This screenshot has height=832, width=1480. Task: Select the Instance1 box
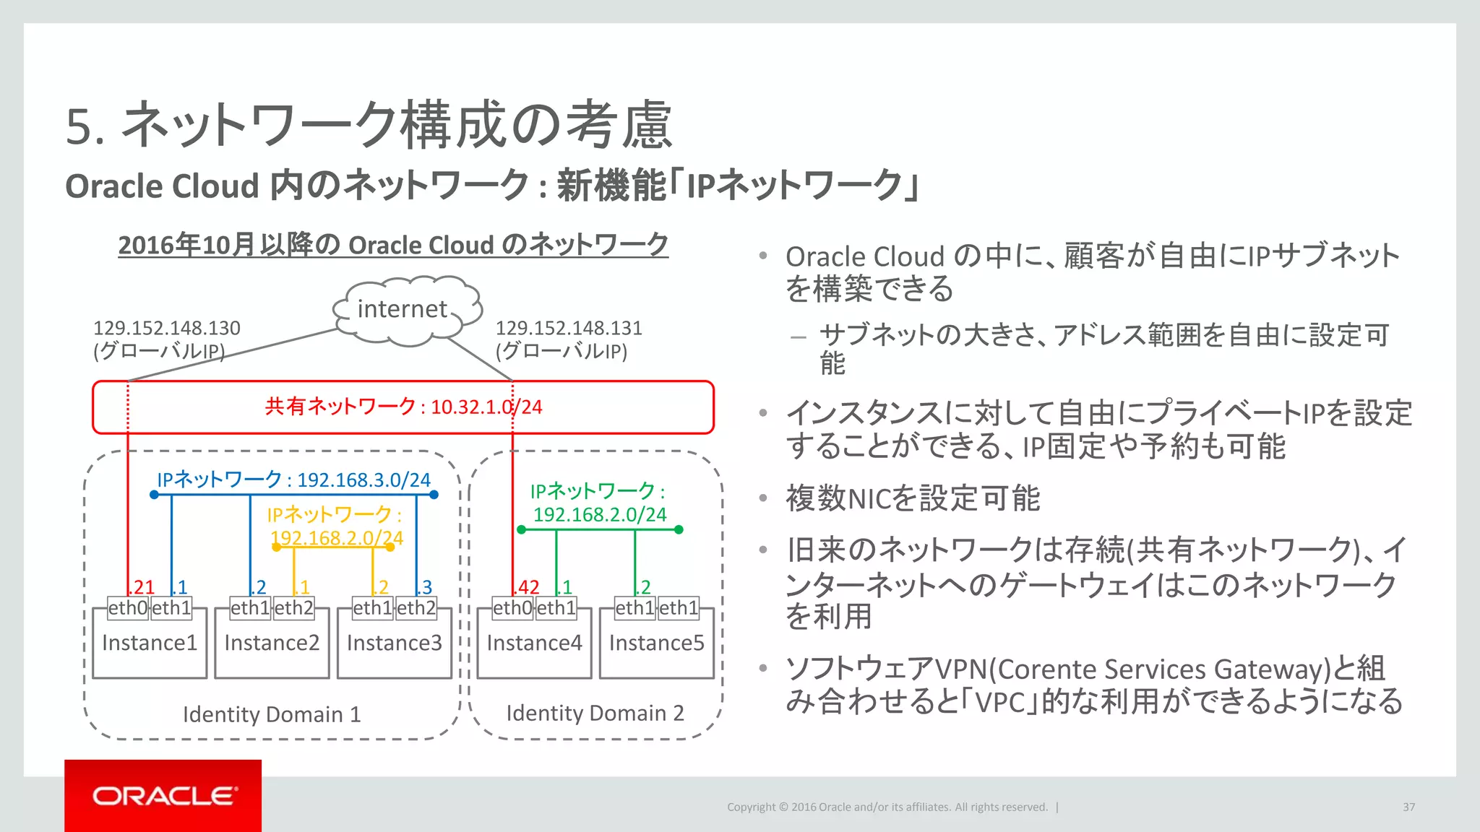150,643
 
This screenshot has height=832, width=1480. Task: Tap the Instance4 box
534,643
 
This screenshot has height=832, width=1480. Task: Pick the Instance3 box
394,643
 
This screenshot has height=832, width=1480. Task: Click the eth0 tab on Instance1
128,608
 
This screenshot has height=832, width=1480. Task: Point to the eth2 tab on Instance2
293,608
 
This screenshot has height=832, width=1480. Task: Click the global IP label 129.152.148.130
166,329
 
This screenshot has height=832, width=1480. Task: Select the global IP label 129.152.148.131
569,329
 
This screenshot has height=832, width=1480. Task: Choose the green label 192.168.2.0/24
599,515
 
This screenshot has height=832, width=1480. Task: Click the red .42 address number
528,587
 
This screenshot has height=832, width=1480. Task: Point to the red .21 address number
142,587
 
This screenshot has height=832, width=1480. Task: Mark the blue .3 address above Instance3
426,587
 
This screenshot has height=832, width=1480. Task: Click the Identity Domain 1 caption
271,714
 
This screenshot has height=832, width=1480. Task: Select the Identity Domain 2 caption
595,714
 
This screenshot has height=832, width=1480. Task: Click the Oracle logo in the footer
163,796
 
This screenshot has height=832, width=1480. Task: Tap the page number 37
1408,807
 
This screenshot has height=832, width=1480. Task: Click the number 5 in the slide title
79,127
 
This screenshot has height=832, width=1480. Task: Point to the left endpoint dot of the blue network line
154,495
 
